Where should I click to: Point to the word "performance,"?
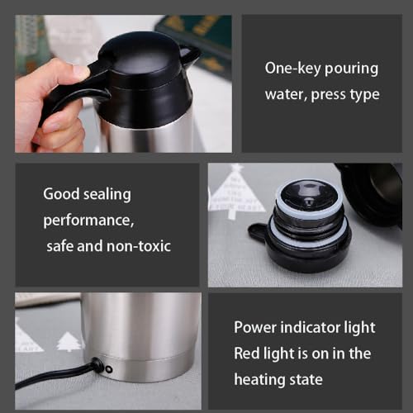[88, 221]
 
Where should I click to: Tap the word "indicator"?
[312, 328]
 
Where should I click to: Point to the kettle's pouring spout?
[191, 55]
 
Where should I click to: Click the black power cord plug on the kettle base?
[97, 365]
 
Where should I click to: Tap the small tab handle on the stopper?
[257, 234]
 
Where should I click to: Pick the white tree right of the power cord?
[69, 343]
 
